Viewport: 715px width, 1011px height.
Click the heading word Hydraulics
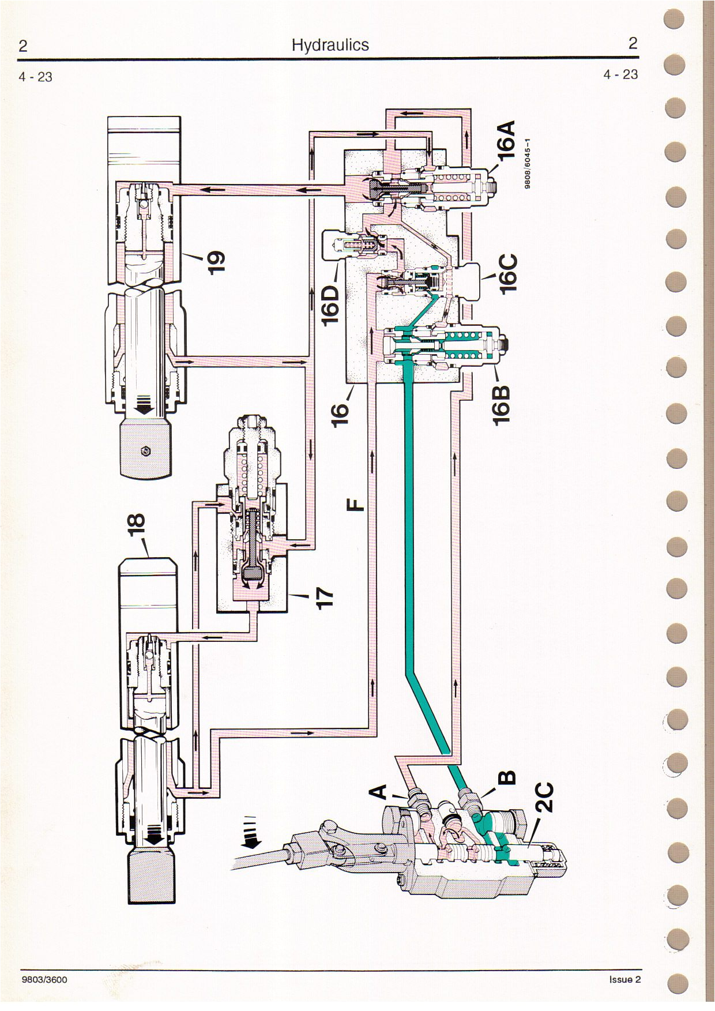click(x=330, y=45)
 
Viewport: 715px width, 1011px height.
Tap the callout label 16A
click(x=507, y=141)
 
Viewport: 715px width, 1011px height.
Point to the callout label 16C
click(x=509, y=275)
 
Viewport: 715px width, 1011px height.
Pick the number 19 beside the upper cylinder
click(x=215, y=261)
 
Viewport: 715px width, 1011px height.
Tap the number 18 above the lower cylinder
click(x=139, y=525)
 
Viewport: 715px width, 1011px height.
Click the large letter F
click(x=357, y=505)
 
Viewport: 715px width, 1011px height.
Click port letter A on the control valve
click(x=378, y=792)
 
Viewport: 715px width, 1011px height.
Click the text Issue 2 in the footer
click(x=624, y=979)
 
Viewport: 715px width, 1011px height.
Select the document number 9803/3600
click(x=43, y=979)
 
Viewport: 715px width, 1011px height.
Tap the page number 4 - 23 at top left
click(x=36, y=77)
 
